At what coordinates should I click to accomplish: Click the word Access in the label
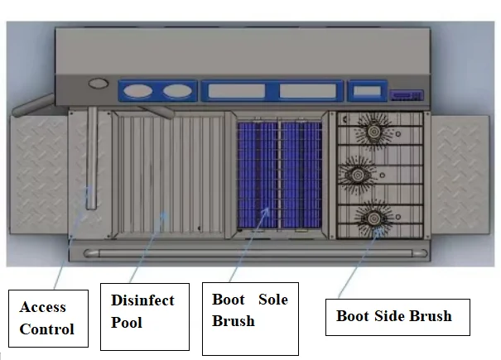(43, 307)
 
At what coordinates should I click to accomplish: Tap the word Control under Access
(47, 329)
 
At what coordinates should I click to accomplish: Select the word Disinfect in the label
(142, 300)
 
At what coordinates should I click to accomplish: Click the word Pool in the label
(127, 321)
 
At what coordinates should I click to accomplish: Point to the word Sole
(272, 299)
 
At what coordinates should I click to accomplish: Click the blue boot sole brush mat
(279, 175)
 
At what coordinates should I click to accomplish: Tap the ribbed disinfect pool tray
(170, 175)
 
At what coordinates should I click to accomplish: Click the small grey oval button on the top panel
(99, 83)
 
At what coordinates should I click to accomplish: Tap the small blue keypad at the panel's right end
(407, 94)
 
